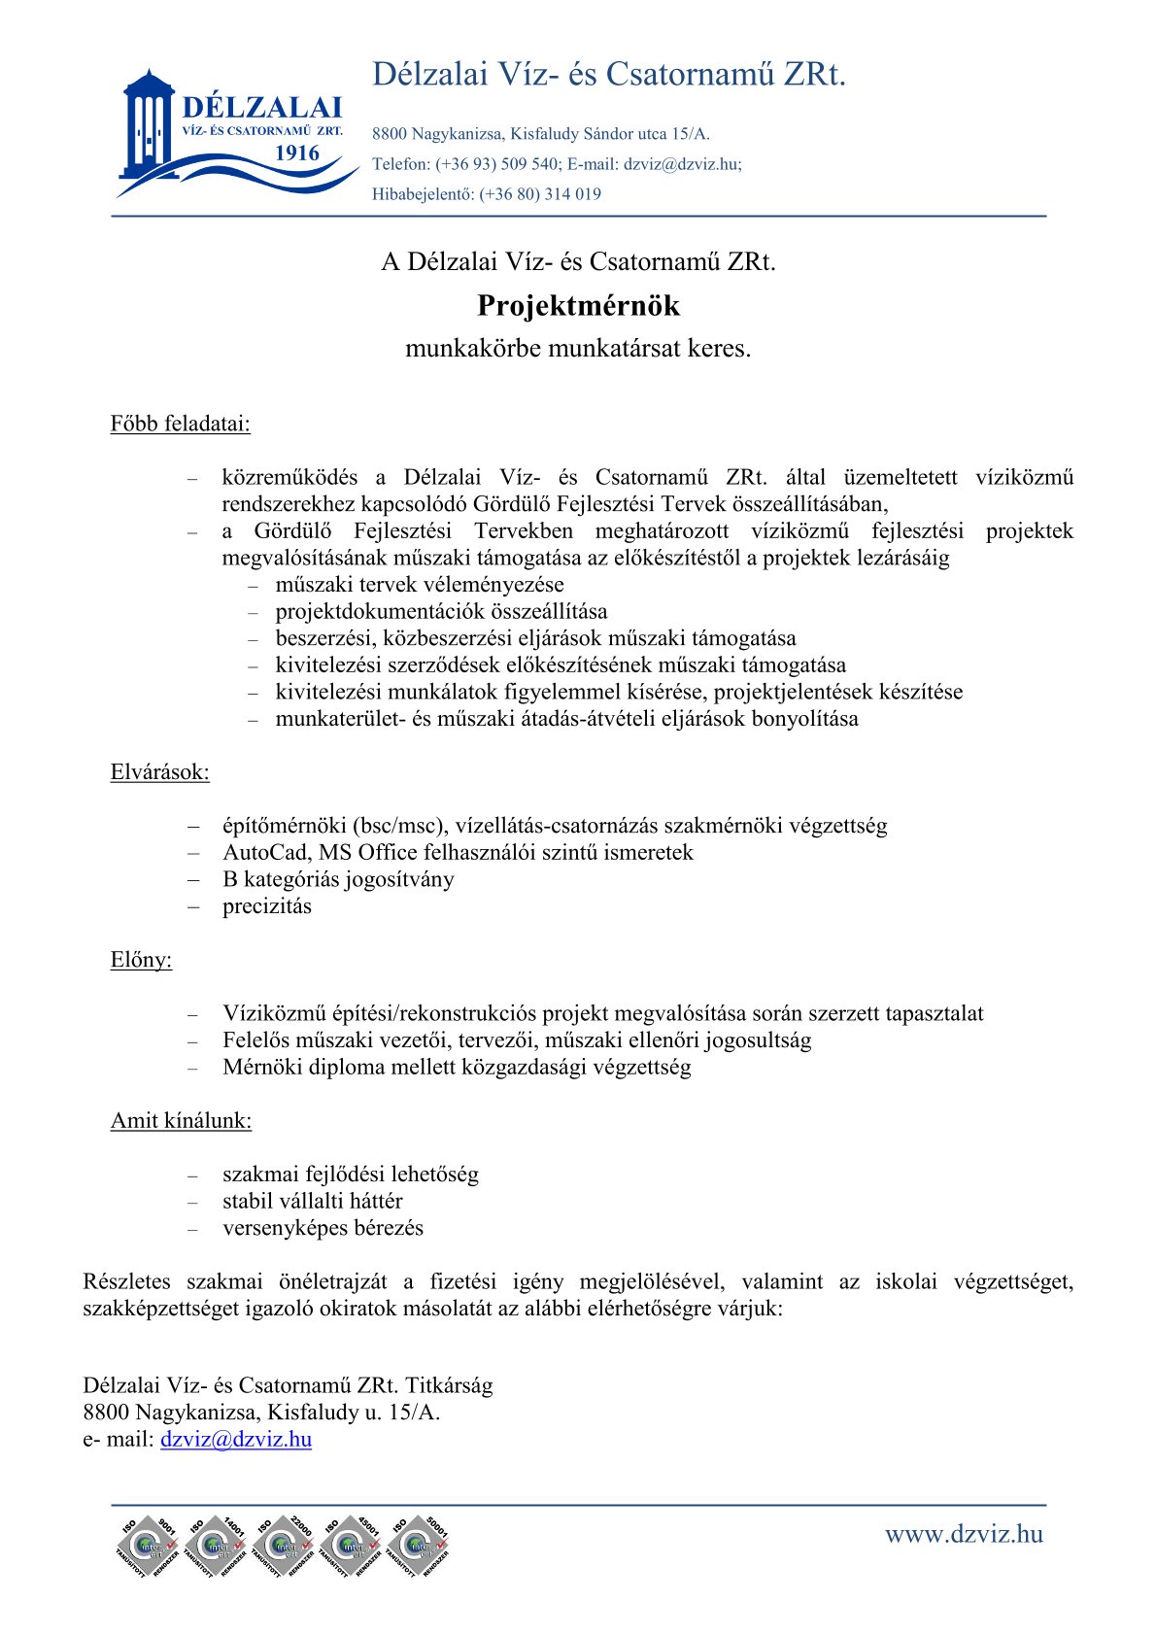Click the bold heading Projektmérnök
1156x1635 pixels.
click(x=578, y=306)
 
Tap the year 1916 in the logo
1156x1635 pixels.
click(x=296, y=153)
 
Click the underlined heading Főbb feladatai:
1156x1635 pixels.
click(x=180, y=424)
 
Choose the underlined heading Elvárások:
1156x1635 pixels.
click(x=159, y=772)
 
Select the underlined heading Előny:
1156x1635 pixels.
click(x=141, y=960)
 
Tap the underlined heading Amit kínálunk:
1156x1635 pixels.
click(x=181, y=1120)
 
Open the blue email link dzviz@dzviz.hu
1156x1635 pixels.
click(x=236, y=1439)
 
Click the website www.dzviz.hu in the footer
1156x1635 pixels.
click(x=963, y=1534)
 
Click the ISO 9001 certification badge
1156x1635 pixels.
click(x=147, y=1546)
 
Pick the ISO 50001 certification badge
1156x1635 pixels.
click(x=419, y=1546)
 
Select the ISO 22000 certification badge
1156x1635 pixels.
click(x=283, y=1546)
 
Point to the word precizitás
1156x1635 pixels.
click(x=267, y=906)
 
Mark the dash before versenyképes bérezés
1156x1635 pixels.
click(x=193, y=1229)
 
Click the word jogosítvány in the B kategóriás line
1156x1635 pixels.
click(x=403, y=879)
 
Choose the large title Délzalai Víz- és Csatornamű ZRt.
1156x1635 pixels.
click(x=609, y=75)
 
